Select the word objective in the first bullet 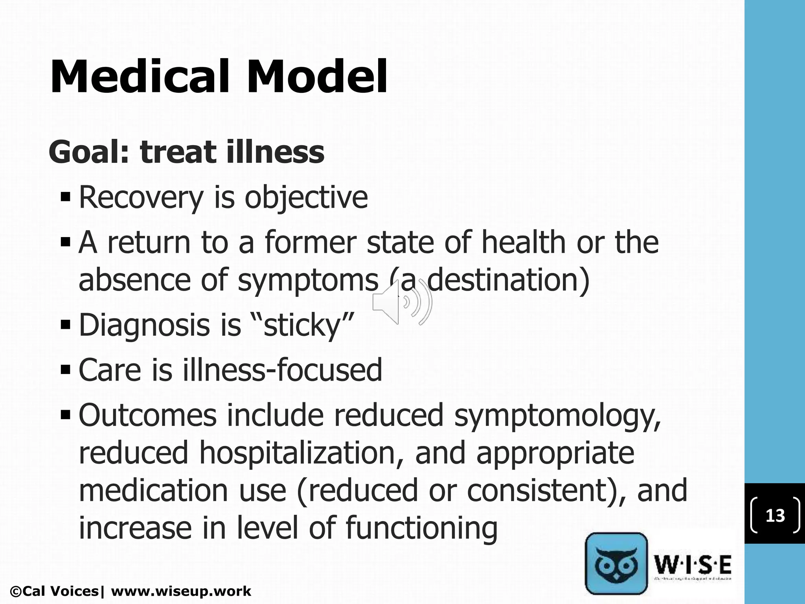306,197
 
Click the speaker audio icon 402,302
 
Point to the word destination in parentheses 505,280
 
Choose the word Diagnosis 144,326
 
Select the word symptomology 557,416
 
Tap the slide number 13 775,516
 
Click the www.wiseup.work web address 181,591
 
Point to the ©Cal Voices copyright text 55,591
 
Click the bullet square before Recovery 66,196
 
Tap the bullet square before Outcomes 66,414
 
